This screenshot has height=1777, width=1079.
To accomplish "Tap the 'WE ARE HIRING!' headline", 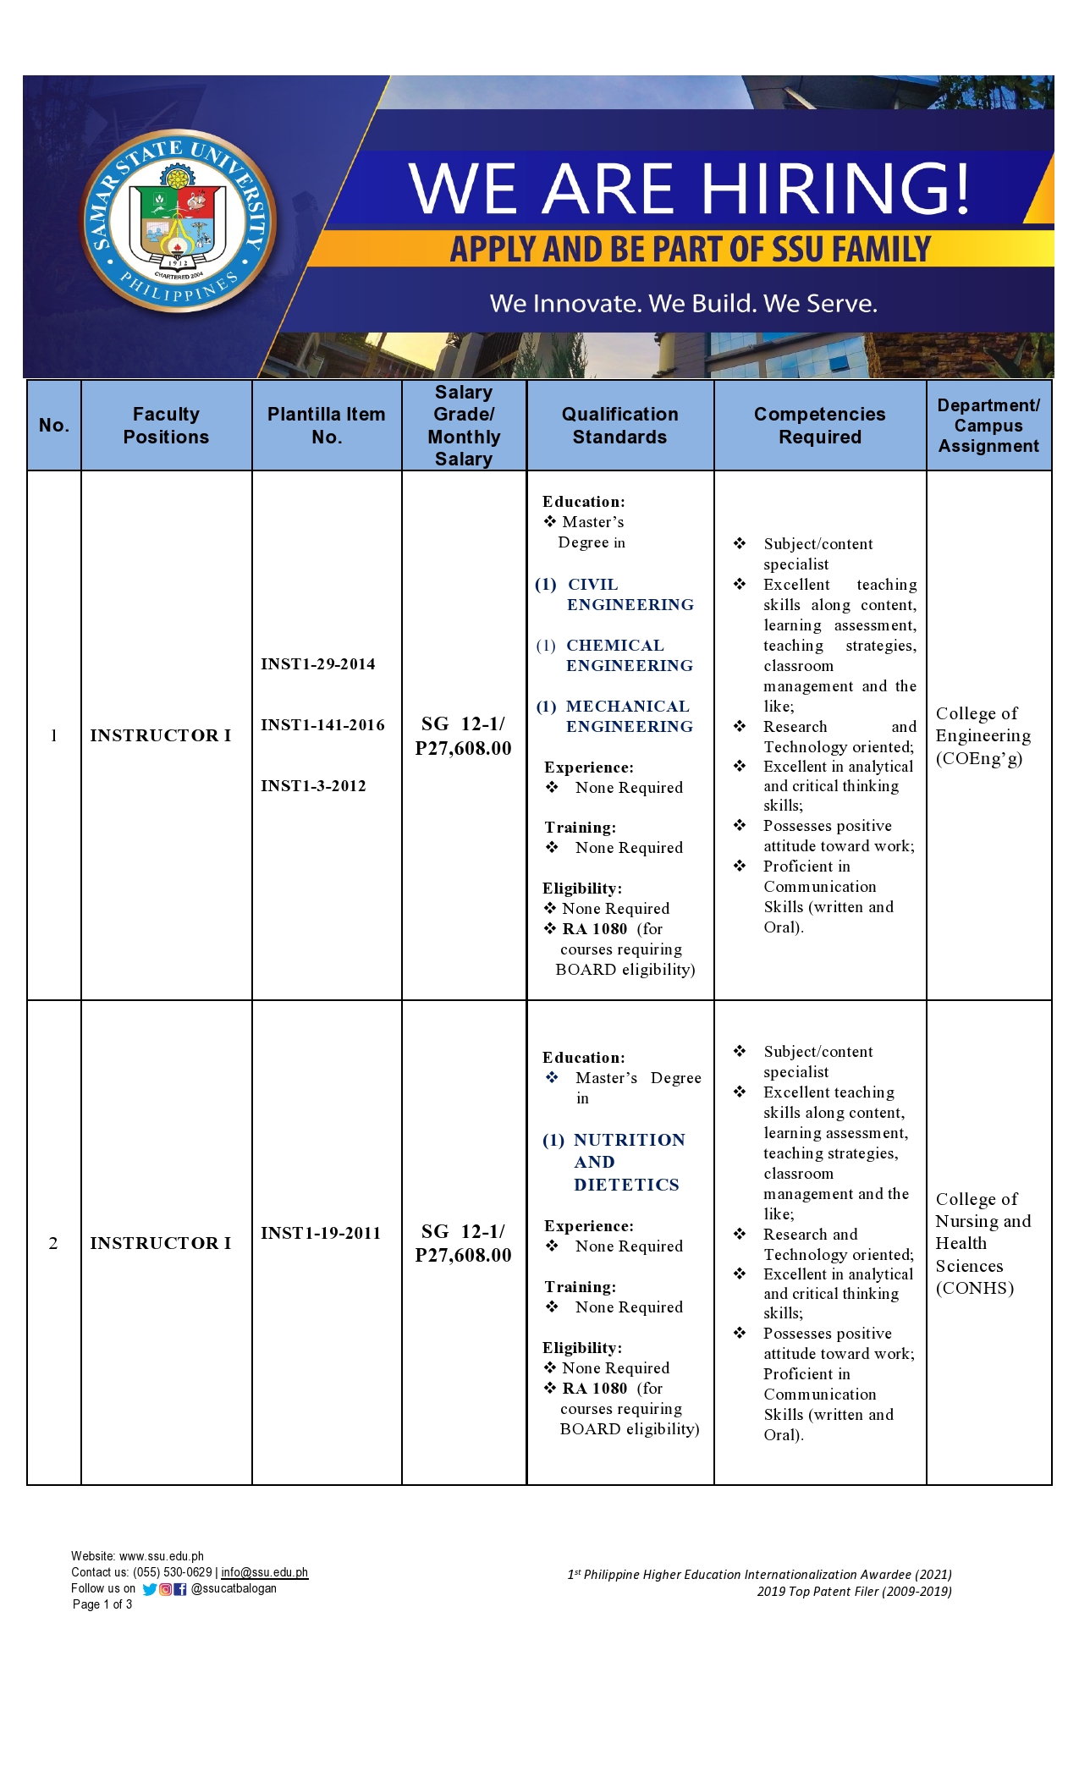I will pyautogui.click(x=690, y=188).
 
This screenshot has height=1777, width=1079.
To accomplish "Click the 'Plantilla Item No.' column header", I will pyautogui.click(x=326, y=425).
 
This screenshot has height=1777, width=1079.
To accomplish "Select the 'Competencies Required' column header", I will pyautogui.click(x=819, y=425).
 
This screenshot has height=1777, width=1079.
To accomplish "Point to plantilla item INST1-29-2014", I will pyautogui.click(x=317, y=664).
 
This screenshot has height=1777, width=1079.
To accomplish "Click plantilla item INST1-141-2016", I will pyautogui.click(x=322, y=725).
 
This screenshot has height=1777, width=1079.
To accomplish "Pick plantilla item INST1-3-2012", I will pyautogui.click(x=313, y=786).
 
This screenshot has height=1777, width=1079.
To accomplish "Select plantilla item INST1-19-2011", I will pyautogui.click(x=320, y=1233).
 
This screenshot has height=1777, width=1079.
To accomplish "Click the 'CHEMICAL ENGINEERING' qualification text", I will pyautogui.click(x=628, y=656).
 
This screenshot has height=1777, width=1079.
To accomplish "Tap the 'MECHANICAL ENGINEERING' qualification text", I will pyautogui.click(x=628, y=717).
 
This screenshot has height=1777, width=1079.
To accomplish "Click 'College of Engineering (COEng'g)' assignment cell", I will pyautogui.click(x=983, y=735).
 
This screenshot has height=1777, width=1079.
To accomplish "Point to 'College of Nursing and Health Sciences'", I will pyautogui.click(x=983, y=1243).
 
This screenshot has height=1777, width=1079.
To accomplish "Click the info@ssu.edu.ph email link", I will pyautogui.click(x=264, y=1572).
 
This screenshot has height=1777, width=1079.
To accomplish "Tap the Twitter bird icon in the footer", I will pyautogui.click(x=150, y=1589).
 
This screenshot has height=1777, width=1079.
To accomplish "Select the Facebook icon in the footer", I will pyautogui.click(x=180, y=1589).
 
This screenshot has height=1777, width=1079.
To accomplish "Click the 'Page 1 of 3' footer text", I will pyautogui.click(x=102, y=1604).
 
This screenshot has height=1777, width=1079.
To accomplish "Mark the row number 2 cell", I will pyautogui.click(x=53, y=1243).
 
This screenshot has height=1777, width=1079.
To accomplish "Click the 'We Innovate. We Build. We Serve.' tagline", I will pyautogui.click(x=683, y=303).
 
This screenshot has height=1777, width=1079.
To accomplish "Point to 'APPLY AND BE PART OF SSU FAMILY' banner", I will pyautogui.click(x=690, y=250).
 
